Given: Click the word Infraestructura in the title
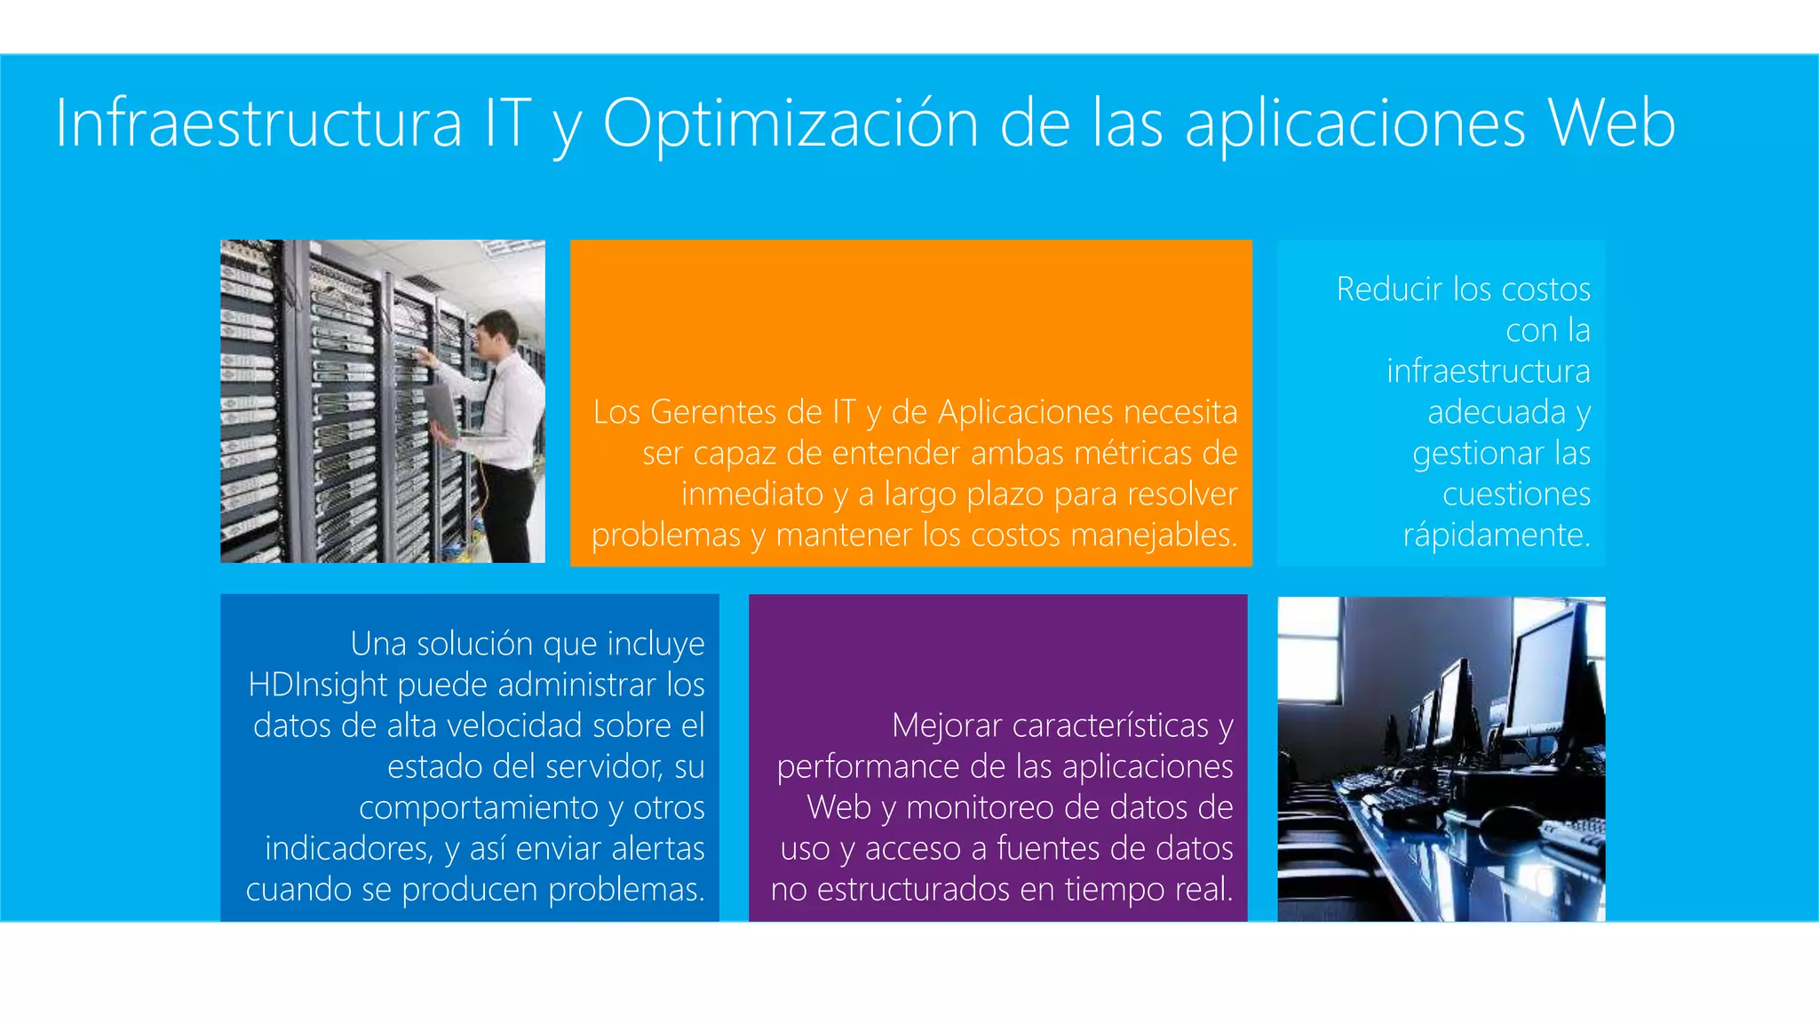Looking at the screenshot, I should coord(258,123).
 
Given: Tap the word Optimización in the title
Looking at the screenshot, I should coord(790,123).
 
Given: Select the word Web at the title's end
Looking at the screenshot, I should coord(1611,123).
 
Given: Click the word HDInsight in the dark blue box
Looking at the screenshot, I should coord(318,686).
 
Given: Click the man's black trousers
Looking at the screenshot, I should coord(512,515).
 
